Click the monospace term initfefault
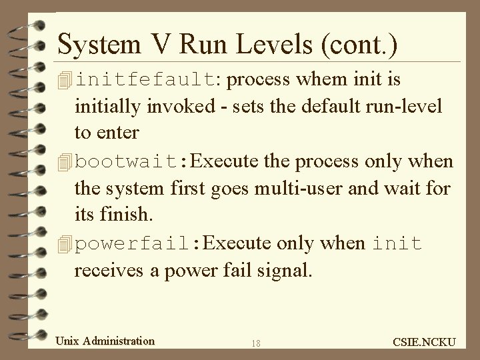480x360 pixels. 145,81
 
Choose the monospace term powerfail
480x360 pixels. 133,243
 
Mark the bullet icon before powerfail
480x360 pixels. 65,244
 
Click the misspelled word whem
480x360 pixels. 320,81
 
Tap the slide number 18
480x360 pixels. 257,343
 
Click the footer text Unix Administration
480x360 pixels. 105,341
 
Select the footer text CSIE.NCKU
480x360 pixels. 425,342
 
